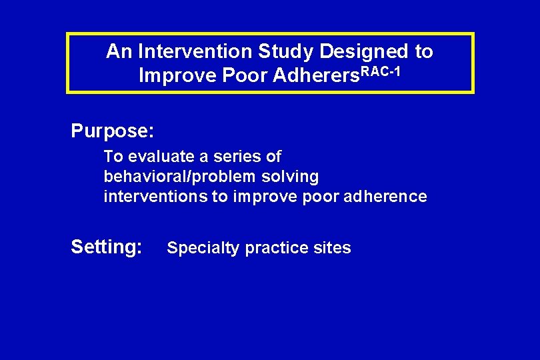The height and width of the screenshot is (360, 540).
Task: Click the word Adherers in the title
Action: pyautogui.click(x=314, y=76)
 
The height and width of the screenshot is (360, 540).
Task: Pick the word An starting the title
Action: pyautogui.click(x=118, y=51)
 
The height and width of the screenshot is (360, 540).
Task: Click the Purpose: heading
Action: pyautogui.click(x=113, y=131)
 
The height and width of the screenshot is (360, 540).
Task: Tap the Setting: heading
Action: pyautogui.click(x=107, y=247)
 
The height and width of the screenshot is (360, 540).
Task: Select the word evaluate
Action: pyautogui.click(x=158, y=157)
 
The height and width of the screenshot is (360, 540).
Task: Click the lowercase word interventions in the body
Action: pyautogui.click(x=155, y=197)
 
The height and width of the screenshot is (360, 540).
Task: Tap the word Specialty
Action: pyautogui.click(x=203, y=249)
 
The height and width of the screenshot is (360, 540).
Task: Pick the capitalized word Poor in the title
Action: pyautogui.click(x=245, y=76)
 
